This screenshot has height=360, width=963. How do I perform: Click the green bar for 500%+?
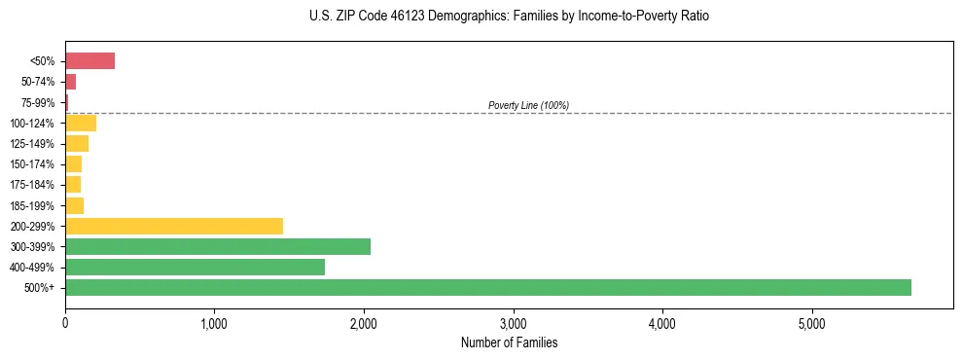point(488,287)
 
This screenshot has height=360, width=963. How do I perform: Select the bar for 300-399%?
point(218,246)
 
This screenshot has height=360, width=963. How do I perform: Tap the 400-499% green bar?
point(195,267)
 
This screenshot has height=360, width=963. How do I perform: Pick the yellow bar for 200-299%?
point(174,226)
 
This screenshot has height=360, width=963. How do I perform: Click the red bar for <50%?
point(89,61)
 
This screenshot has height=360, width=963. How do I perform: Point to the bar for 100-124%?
point(81,123)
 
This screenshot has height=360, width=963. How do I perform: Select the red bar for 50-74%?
point(70,82)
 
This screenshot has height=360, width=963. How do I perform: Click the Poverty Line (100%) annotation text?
point(528,105)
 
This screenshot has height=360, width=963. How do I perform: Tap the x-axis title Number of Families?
point(509,342)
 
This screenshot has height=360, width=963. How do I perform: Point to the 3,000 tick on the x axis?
point(513,323)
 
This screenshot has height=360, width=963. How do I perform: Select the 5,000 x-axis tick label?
point(811,323)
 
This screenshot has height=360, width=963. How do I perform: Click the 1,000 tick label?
point(214,323)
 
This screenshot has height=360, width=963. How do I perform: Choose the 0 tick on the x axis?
point(65,323)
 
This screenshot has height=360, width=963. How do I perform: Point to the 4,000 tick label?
point(662,323)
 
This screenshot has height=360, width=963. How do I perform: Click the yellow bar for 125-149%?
point(77,144)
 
